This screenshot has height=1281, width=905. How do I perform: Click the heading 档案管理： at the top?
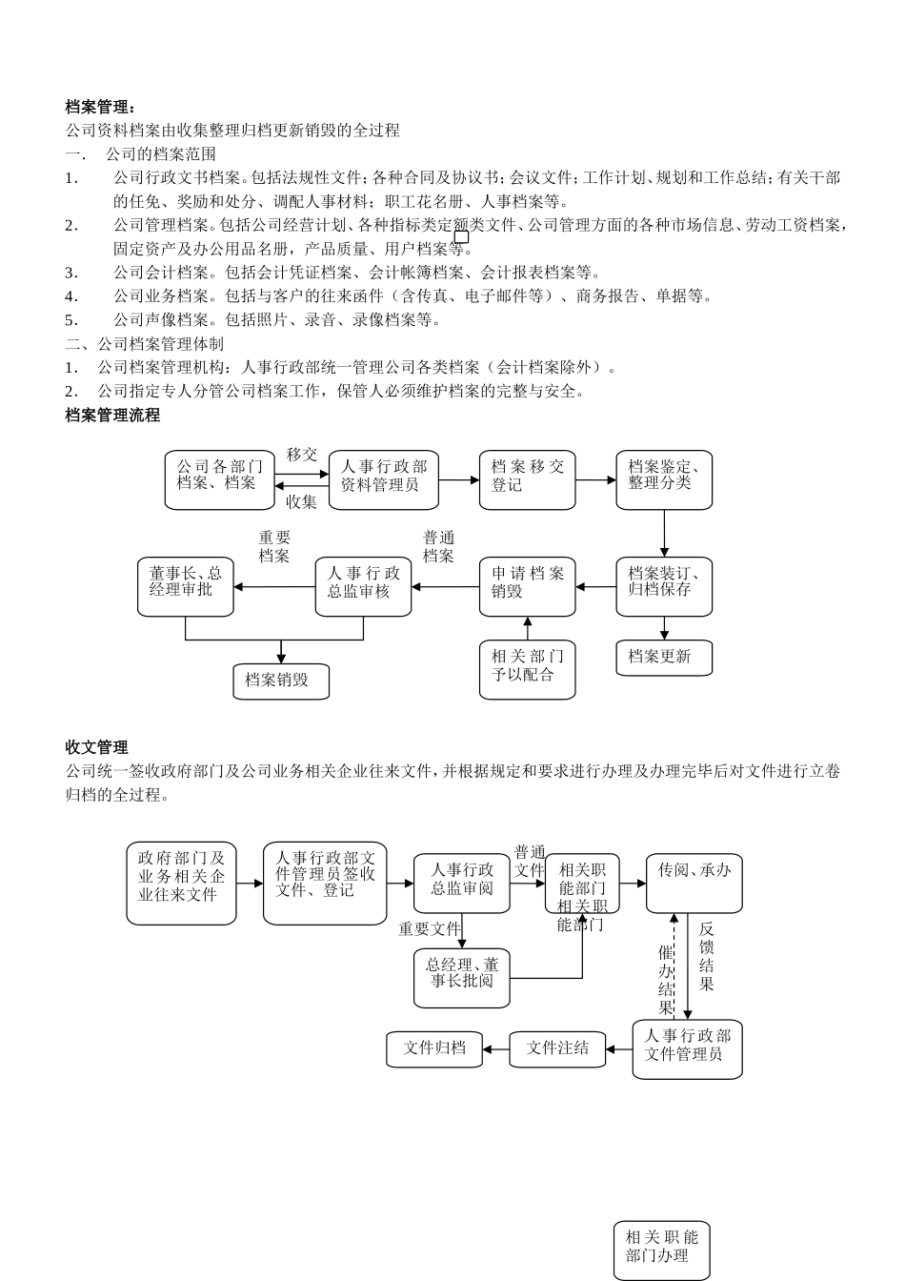(101, 106)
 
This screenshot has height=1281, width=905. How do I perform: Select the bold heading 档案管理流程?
(112, 416)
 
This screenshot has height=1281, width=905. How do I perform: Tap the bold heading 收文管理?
(96, 747)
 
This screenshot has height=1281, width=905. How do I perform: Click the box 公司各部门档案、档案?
(220, 479)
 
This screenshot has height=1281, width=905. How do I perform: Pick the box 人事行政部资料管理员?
(383, 479)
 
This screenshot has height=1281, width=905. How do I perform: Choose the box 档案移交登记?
(527, 479)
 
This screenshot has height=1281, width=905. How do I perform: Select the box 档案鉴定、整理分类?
(663, 479)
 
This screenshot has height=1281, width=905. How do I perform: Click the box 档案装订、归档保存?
(663, 586)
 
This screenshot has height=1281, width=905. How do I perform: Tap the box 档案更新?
(663, 658)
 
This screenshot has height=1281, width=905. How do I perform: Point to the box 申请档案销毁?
(527, 586)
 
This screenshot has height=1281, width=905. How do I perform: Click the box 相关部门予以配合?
(527, 669)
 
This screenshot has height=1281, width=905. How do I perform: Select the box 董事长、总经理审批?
(186, 586)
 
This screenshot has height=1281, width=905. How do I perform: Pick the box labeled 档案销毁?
(281, 681)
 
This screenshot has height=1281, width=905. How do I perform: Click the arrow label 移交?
(302, 456)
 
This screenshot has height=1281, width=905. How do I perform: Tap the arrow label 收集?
(302, 501)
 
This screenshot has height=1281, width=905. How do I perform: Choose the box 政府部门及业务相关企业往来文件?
(181, 883)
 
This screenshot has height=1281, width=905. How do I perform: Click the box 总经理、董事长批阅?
(461, 978)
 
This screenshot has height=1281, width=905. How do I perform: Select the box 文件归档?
(434, 1048)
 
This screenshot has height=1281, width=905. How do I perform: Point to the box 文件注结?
(557, 1048)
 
